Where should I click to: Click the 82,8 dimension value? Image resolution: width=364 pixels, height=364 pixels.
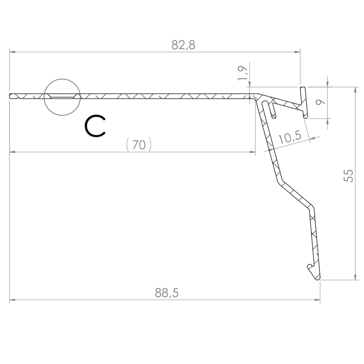[183, 45]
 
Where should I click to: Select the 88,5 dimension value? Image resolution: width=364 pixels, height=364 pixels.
[166, 293]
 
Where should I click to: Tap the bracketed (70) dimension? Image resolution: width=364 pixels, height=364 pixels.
[139, 145]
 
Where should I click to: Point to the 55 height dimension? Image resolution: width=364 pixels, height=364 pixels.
[348, 176]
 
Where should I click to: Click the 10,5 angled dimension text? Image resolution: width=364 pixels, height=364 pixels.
[289, 137]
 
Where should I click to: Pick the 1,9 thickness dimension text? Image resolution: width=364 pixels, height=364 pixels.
[243, 73]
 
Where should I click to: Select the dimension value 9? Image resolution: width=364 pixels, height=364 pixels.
[321, 102]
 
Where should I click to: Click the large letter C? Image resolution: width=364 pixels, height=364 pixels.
[95, 126]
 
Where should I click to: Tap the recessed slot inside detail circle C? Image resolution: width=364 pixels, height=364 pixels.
[62, 96]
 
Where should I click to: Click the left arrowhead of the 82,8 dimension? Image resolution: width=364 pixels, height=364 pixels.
[12, 52]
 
